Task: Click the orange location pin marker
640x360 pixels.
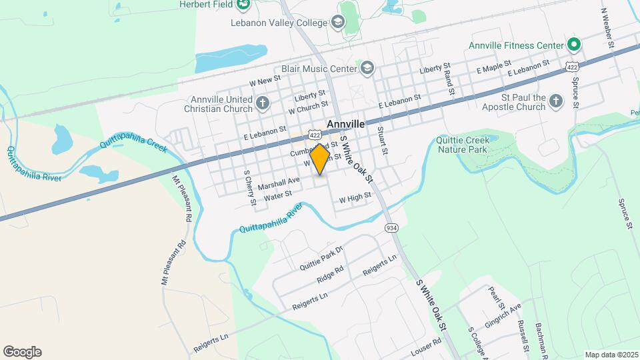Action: [x=320, y=159]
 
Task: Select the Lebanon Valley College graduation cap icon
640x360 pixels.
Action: [x=338, y=22]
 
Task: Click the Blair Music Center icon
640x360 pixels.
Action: [x=367, y=67]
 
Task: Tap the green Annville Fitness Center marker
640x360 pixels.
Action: [x=574, y=45]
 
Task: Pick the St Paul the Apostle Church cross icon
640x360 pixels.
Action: [x=557, y=101]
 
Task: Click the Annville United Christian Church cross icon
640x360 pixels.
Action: [x=263, y=103]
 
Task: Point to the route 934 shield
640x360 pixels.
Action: [x=392, y=228]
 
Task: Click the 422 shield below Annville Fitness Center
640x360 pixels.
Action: [x=571, y=67]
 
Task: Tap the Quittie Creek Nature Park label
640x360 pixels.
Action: [x=463, y=145]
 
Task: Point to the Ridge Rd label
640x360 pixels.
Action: [x=331, y=273]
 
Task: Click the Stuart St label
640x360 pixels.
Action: [x=382, y=141]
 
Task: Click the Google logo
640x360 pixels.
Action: [x=22, y=352]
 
